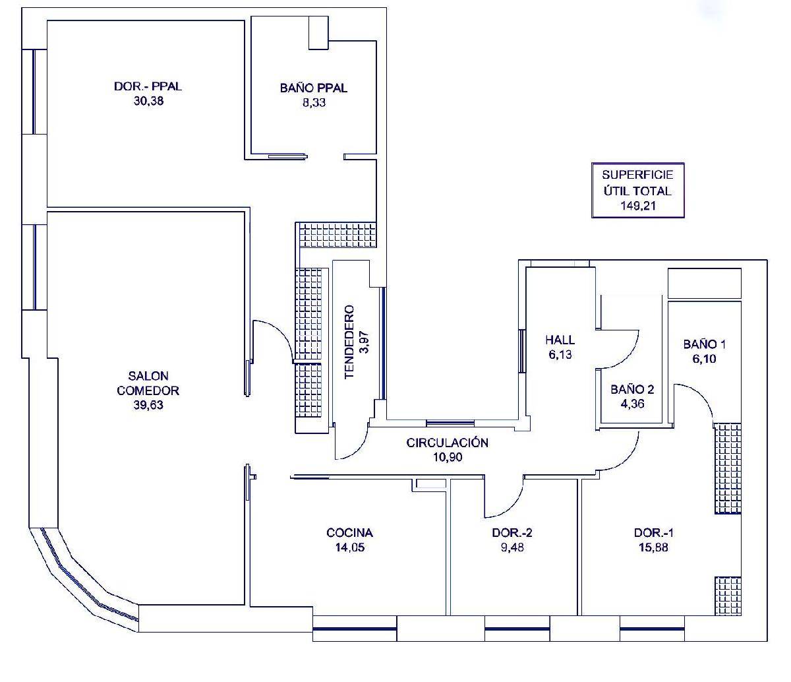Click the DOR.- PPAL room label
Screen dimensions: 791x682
click(x=148, y=86)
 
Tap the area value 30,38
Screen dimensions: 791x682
click(x=148, y=101)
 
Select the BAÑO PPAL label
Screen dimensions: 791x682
click(x=313, y=88)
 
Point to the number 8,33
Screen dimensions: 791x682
click(x=314, y=103)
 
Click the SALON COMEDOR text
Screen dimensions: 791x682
click(x=148, y=383)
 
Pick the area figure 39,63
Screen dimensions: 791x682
click(x=148, y=405)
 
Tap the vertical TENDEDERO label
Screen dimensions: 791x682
click(x=349, y=342)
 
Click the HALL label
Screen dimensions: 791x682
click(x=560, y=340)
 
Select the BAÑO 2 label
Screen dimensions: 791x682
click(x=632, y=389)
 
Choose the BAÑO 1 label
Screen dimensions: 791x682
click(x=704, y=344)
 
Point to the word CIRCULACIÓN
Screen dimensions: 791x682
click(x=448, y=443)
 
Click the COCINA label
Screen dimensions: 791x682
click(x=349, y=533)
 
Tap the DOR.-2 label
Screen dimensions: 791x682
click(x=512, y=533)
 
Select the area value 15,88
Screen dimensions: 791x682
click(x=653, y=547)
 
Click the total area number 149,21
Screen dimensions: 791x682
click(x=638, y=206)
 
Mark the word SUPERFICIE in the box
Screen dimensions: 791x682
click(x=637, y=175)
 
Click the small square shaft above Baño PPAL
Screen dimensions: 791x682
click(x=318, y=33)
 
